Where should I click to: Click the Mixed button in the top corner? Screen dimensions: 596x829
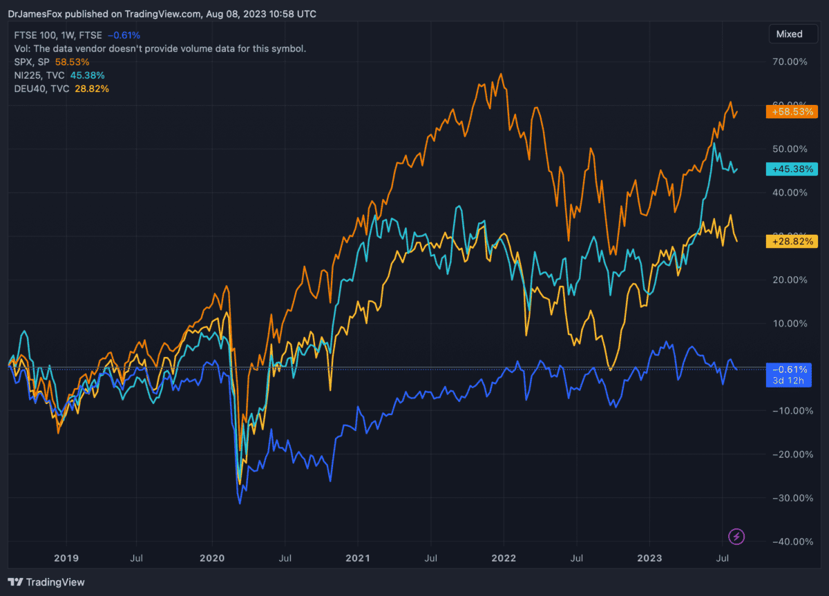789,34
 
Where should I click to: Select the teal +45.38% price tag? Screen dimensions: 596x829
792,169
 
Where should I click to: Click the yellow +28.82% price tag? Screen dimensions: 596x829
792,241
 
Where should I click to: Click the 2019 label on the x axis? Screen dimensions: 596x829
66,557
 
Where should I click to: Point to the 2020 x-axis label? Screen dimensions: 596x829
211,557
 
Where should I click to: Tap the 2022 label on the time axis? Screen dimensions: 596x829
504,557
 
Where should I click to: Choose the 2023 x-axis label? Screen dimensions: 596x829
649,557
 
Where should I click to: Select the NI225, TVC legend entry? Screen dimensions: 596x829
40,75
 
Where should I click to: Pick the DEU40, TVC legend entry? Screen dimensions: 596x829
41,88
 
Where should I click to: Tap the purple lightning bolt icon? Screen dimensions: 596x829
737,536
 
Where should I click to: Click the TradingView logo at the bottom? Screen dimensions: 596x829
46,582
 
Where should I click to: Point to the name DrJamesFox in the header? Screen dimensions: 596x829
32,14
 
